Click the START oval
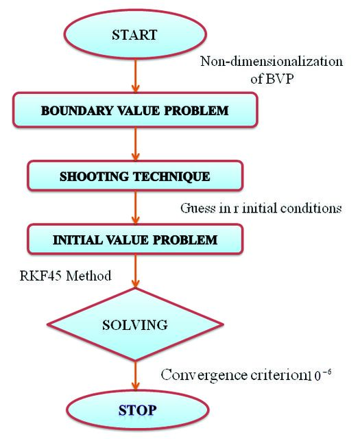pos(135,34)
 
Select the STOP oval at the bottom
pos(137,410)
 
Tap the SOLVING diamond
pos(135,324)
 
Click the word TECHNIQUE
pos(171,177)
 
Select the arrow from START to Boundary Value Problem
pos(136,75)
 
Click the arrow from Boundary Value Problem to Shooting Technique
pos(136,144)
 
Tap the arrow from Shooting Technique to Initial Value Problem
pos(136,207)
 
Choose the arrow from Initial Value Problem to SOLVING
pos(136,271)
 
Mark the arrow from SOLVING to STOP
pos(136,375)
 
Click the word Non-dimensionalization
pos(272,61)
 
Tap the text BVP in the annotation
pos(279,79)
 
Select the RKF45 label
pos(41,276)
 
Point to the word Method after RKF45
pos(88,276)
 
